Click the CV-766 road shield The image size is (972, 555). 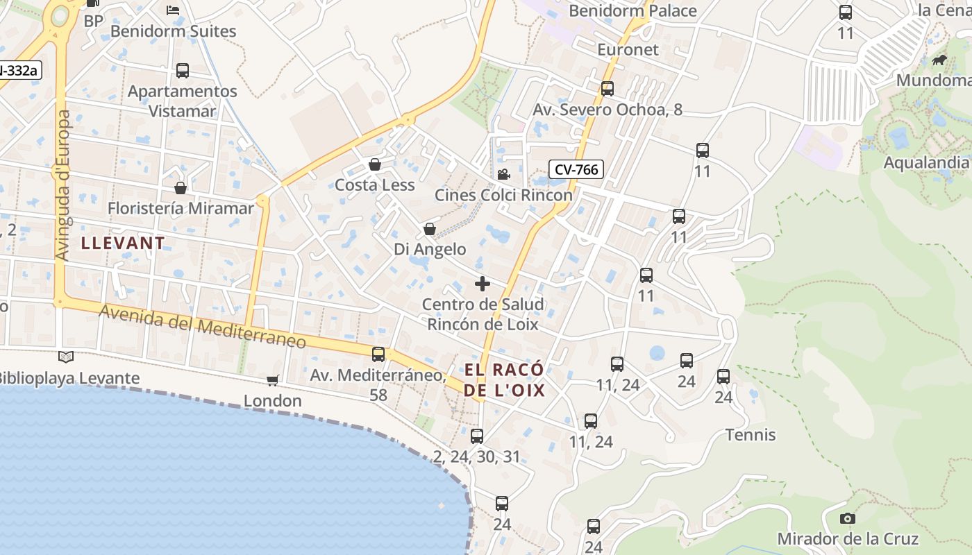point(576,169)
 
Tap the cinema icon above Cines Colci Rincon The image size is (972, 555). point(503,174)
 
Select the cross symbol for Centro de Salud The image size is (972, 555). point(483,284)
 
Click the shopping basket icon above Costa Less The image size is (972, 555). point(375,164)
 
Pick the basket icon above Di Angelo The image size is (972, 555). point(430,229)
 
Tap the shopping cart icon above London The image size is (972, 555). point(272,380)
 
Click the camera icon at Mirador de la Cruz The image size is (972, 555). point(847,518)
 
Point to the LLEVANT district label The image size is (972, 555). point(123,243)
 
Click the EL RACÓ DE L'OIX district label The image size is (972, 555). point(504,379)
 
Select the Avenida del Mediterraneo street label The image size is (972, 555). point(203,327)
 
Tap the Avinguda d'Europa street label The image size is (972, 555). point(63,186)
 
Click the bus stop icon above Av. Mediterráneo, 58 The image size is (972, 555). point(378,355)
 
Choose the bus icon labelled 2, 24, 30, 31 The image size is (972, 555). point(476,436)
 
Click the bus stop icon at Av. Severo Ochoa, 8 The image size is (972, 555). point(607,89)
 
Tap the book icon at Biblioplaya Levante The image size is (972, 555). point(66,357)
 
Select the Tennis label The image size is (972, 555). point(751,435)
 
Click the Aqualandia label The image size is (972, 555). point(925,162)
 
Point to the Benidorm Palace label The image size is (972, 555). point(632,10)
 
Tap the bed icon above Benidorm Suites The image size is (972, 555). point(173,10)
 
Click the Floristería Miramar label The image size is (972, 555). point(181,208)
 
